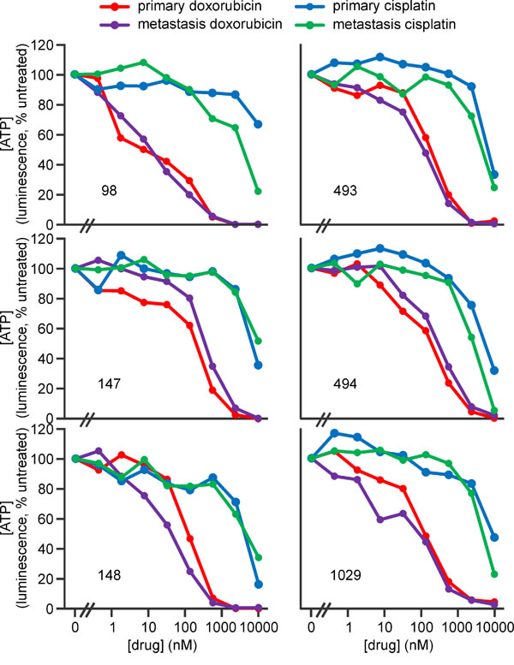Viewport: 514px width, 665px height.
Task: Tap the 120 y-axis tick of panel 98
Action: click(57, 45)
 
